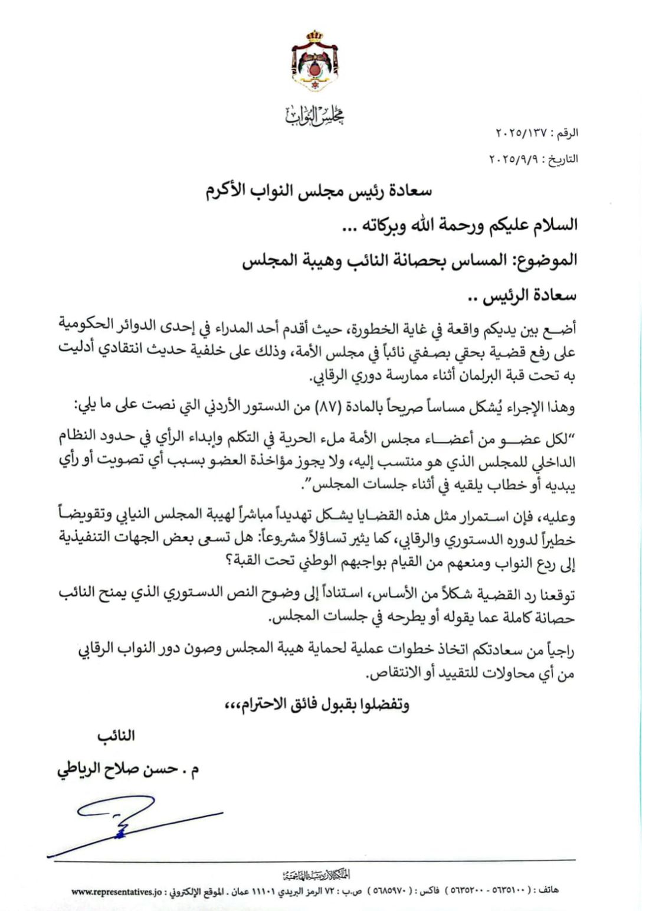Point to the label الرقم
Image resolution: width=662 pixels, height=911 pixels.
(565, 134)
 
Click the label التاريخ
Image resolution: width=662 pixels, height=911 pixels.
(561, 159)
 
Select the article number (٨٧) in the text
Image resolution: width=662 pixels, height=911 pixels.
(330, 407)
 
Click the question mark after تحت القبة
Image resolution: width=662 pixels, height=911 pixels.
(228, 562)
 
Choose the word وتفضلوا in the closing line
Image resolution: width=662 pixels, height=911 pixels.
(386, 704)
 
